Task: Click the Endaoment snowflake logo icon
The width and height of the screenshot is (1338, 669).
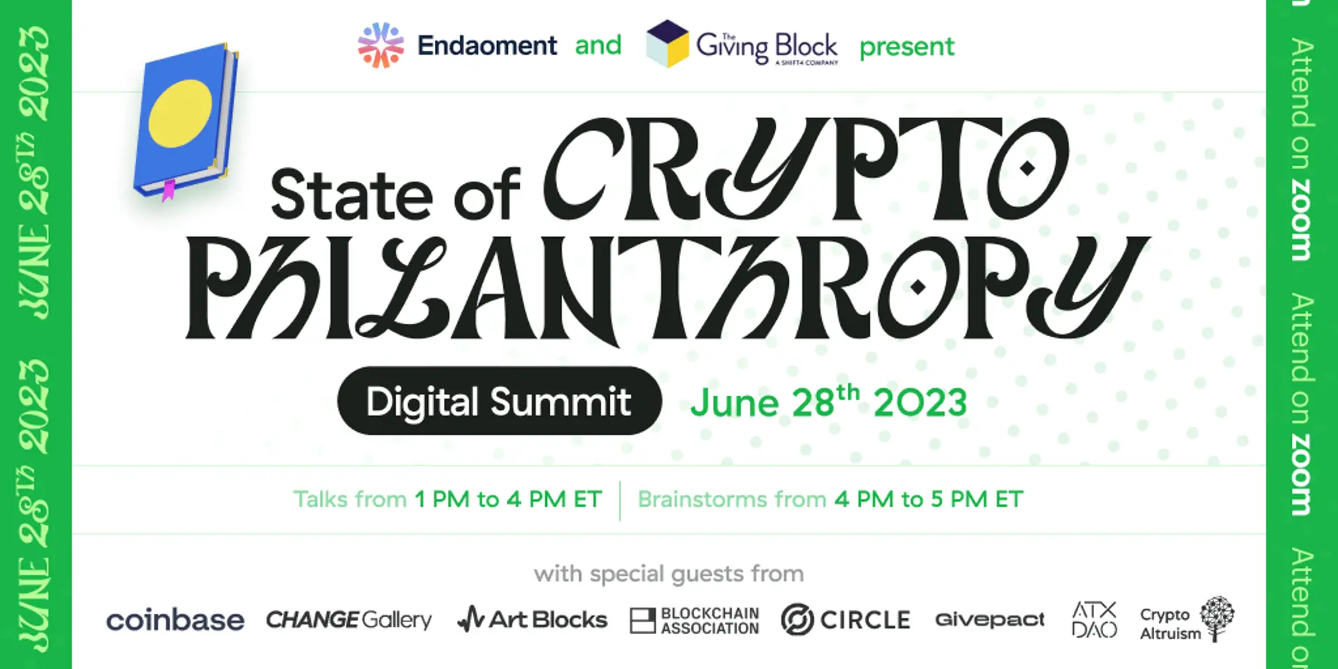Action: pos(380,45)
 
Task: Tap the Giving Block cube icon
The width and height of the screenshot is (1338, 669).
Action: pos(667,44)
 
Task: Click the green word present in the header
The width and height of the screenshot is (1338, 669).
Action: pos(907,47)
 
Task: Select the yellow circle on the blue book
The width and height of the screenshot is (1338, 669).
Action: pos(180,113)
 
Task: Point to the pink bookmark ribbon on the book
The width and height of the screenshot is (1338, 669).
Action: pos(168,190)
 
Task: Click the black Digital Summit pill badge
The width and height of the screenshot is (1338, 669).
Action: pos(499,401)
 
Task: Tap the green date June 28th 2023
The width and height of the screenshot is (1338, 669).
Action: pos(829,402)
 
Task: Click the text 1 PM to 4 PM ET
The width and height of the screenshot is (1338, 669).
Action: pos(508,499)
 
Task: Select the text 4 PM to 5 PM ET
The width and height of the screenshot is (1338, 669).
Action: pos(929,499)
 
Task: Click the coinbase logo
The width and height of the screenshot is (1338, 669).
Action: pos(175,620)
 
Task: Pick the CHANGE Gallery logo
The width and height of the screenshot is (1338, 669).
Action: pos(348,620)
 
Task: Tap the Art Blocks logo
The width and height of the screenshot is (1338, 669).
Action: pos(532,619)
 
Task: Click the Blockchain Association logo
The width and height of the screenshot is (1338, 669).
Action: pos(694,620)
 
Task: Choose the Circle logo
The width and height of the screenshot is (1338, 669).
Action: pos(845,620)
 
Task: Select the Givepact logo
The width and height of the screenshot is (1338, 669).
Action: pos(990,620)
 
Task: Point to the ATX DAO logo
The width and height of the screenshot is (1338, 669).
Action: pos(1094,620)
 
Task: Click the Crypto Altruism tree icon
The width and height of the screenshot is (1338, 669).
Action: pos(1217,617)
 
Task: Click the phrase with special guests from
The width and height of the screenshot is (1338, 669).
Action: pos(669,574)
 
